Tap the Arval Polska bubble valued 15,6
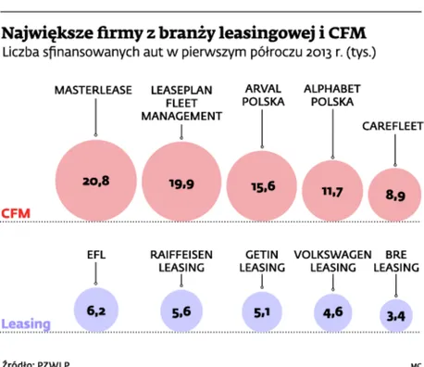click(263, 186)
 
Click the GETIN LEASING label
click(263, 259)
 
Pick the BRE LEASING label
click(395, 259)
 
